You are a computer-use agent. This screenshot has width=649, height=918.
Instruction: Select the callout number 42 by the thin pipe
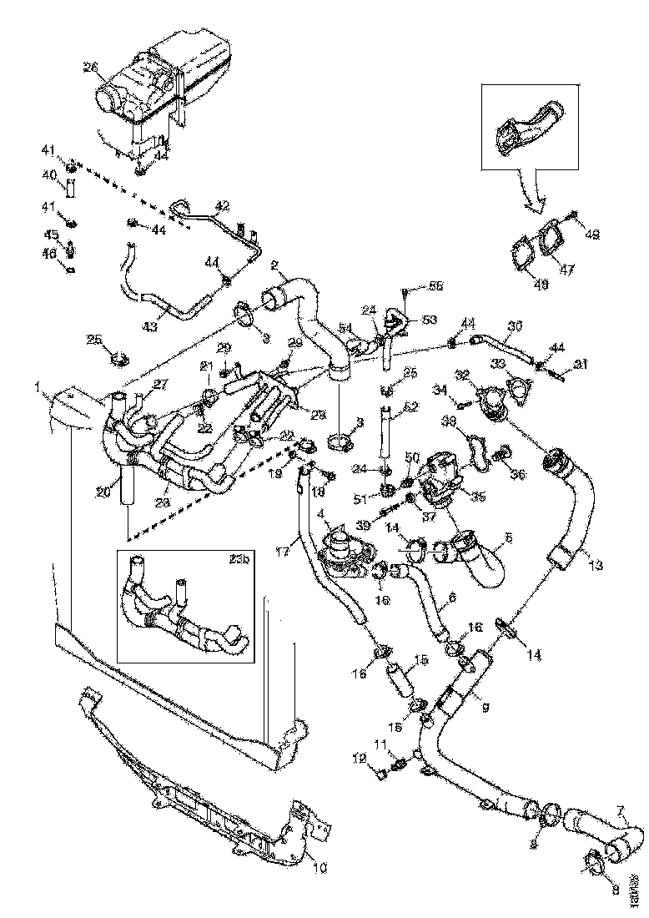(222, 205)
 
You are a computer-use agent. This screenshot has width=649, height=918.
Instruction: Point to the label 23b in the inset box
(240, 560)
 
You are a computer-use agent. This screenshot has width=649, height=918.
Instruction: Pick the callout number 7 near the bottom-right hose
(620, 809)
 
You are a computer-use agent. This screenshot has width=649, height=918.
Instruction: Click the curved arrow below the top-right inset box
(531, 197)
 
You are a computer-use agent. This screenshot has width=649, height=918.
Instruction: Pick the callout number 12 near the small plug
(360, 758)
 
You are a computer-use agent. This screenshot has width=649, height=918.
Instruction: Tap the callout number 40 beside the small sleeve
(49, 174)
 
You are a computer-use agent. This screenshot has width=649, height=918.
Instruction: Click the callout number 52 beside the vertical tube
(410, 408)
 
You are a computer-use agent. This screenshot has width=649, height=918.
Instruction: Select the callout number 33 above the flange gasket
(498, 364)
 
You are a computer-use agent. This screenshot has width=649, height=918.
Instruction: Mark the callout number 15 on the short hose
(421, 659)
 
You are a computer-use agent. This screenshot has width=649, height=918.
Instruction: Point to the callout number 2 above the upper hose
(274, 266)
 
